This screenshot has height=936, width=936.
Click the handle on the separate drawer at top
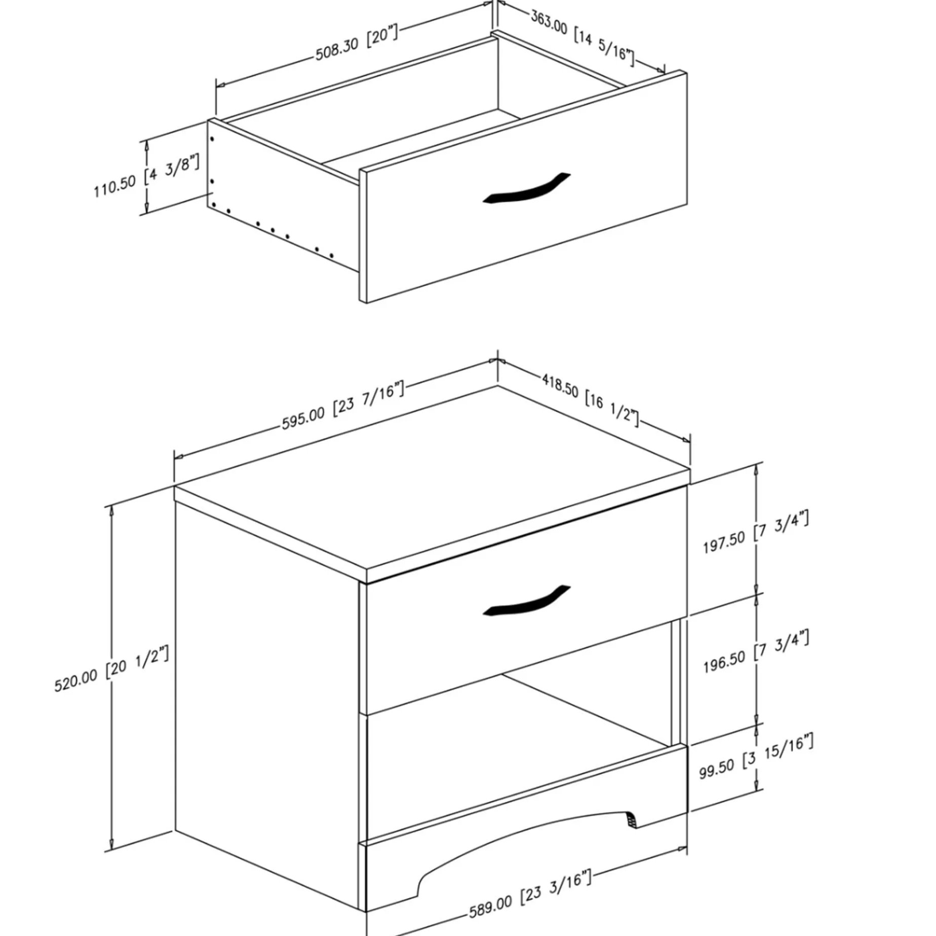(x=527, y=189)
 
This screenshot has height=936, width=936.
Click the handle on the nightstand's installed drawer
(x=527, y=602)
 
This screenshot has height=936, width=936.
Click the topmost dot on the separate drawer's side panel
(x=212, y=138)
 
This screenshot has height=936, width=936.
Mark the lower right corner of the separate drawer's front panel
(x=687, y=205)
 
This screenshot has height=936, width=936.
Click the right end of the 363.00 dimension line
(x=664, y=71)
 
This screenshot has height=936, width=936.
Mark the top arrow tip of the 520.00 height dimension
(x=111, y=506)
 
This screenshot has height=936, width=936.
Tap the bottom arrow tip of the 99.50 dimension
(x=757, y=791)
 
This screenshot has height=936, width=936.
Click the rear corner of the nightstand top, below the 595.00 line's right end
(x=497, y=386)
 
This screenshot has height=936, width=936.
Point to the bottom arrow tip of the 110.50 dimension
(x=147, y=212)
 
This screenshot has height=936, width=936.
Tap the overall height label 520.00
(x=75, y=681)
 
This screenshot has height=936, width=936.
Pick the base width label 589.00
(x=490, y=906)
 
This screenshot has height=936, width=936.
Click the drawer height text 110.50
(x=115, y=187)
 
